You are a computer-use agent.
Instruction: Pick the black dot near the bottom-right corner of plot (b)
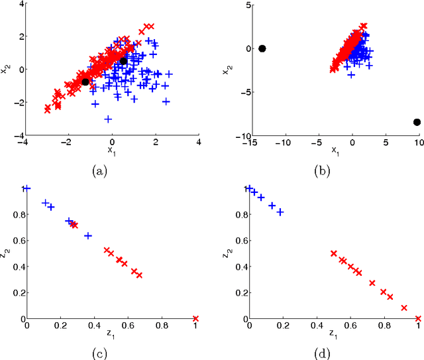coord(417,122)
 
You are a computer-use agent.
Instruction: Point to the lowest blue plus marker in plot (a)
coord(108,119)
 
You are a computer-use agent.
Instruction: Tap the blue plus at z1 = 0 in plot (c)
coord(26,189)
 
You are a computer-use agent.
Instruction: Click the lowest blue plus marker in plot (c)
coord(87,235)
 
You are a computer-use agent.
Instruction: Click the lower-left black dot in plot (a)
coord(85,82)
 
